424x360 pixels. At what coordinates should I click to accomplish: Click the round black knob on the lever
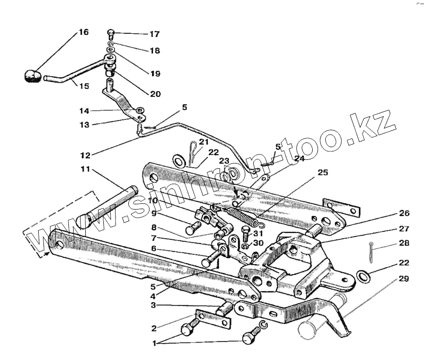(33, 76)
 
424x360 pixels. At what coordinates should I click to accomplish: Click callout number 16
(84, 32)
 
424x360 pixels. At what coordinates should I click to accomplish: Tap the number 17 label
(154, 34)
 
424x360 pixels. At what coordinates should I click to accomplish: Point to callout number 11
(85, 170)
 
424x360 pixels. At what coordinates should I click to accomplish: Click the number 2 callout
(154, 328)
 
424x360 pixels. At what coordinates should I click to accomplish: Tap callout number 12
(85, 156)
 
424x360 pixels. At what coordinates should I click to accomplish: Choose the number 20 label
(155, 94)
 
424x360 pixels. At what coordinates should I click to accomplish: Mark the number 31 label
(258, 233)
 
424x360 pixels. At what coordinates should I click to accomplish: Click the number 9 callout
(154, 213)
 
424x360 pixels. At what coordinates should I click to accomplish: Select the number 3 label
(154, 305)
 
